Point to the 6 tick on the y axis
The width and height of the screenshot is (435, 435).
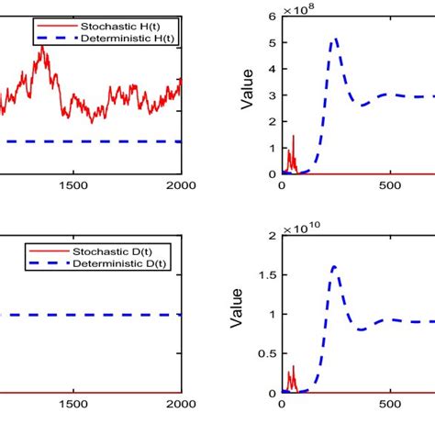click(x=273, y=17)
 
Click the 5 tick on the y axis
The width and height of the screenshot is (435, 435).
click(x=273, y=42)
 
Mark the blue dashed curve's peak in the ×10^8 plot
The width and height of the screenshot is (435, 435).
click(x=335, y=39)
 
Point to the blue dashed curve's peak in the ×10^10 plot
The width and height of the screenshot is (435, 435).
click(x=335, y=266)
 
